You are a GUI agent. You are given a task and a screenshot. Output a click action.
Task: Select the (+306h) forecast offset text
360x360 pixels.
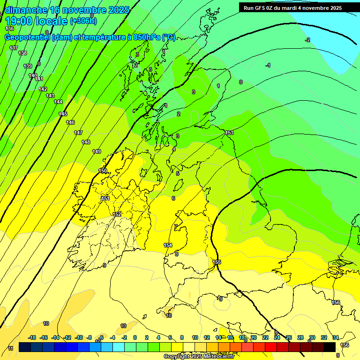[x=83, y=21]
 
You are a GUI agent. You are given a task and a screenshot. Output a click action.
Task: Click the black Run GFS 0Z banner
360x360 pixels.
[x=292, y=8]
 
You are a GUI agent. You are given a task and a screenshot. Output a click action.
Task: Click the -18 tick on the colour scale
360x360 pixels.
[x=32, y=337]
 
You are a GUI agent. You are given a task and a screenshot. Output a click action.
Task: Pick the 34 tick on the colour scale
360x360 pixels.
[x=335, y=337]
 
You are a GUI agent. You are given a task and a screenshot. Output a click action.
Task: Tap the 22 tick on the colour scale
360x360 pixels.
[x=265, y=337]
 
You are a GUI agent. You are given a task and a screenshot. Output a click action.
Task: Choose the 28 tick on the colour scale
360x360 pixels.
[x=300, y=337]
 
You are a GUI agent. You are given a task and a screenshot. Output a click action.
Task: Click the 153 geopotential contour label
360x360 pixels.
[x=229, y=133]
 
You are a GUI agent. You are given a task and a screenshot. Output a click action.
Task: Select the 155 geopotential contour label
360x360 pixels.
[x=217, y=262]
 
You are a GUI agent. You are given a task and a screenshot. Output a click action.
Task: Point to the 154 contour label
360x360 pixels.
[x=168, y=245]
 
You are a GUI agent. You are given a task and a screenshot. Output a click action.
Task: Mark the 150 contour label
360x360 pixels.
[x=103, y=171]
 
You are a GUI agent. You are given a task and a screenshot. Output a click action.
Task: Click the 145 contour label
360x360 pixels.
[x=63, y=114]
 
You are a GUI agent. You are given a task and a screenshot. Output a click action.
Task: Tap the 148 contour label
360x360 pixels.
[x=86, y=142]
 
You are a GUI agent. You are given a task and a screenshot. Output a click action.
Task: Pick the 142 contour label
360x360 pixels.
[x=43, y=89]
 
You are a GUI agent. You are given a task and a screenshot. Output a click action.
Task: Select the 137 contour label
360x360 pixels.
[x=14, y=48]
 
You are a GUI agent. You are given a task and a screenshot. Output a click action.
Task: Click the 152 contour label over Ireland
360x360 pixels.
[x=117, y=214]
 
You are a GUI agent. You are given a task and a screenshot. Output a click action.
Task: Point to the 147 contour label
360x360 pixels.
[x=78, y=133]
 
